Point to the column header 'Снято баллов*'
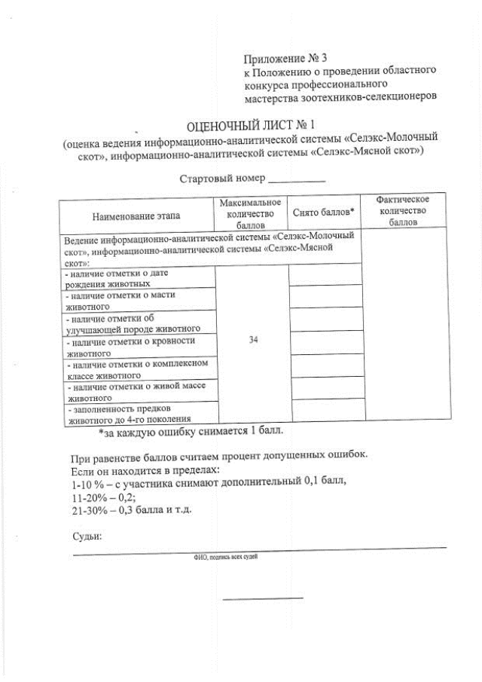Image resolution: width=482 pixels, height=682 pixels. [x=323, y=213]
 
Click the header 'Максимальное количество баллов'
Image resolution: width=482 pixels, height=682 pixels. [x=251, y=214]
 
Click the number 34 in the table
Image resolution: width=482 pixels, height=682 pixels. [x=253, y=341]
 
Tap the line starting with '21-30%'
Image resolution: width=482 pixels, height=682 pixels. [x=131, y=510]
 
